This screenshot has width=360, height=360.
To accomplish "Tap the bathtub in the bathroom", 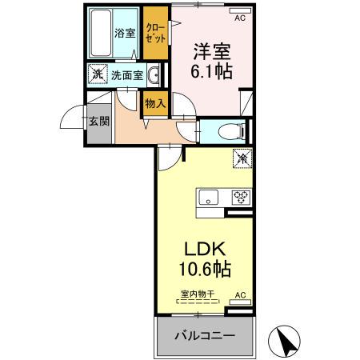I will [100, 34].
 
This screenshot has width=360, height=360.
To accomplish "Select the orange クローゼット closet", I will [155, 33].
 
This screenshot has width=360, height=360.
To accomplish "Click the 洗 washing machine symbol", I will [97, 76].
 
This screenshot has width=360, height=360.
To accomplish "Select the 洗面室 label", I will [126, 76].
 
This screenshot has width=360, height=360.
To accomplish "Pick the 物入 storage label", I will [154, 102].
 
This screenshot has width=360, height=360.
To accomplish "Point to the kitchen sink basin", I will [209, 197].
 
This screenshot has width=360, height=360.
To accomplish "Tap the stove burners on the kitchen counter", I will [239, 197].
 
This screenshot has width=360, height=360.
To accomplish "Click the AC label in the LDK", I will [238, 294].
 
